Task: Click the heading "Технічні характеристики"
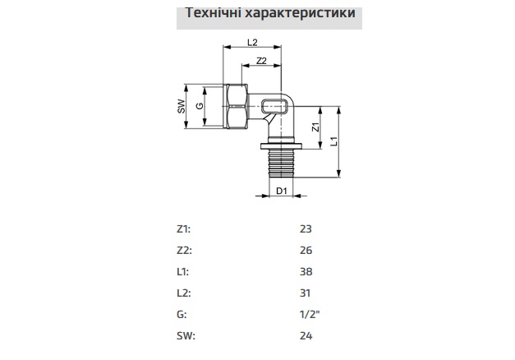257,14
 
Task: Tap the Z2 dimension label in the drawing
261,61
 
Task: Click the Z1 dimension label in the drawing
315,127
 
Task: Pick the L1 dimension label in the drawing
334,141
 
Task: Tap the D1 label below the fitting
281,192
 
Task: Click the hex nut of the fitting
236,106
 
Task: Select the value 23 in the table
306,229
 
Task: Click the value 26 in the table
306,251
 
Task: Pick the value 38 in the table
306,272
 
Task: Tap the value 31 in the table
306,293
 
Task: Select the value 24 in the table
306,336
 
